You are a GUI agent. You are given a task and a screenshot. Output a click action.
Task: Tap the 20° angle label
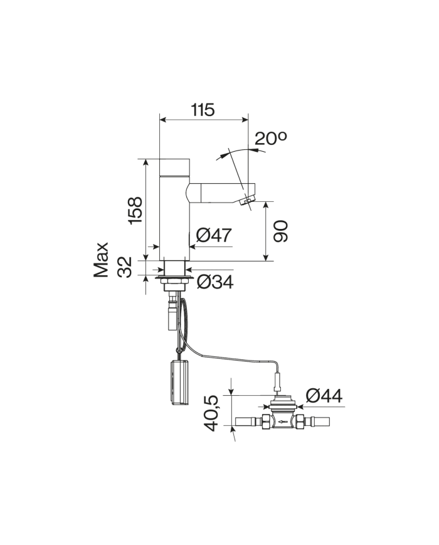click(x=270, y=139)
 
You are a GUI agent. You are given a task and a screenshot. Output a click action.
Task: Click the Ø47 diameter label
click(x=214, y=236)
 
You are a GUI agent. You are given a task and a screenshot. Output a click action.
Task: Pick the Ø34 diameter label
click(x=214, y=282)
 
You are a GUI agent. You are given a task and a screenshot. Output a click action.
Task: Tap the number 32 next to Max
click(x=125, y=267)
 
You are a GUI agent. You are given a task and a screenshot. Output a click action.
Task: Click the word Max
click(x=102, y=260)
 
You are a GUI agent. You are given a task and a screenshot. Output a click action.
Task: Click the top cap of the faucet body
click(x=174, y=167)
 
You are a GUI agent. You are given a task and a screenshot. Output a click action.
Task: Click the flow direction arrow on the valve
click(x=284, y=421)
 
